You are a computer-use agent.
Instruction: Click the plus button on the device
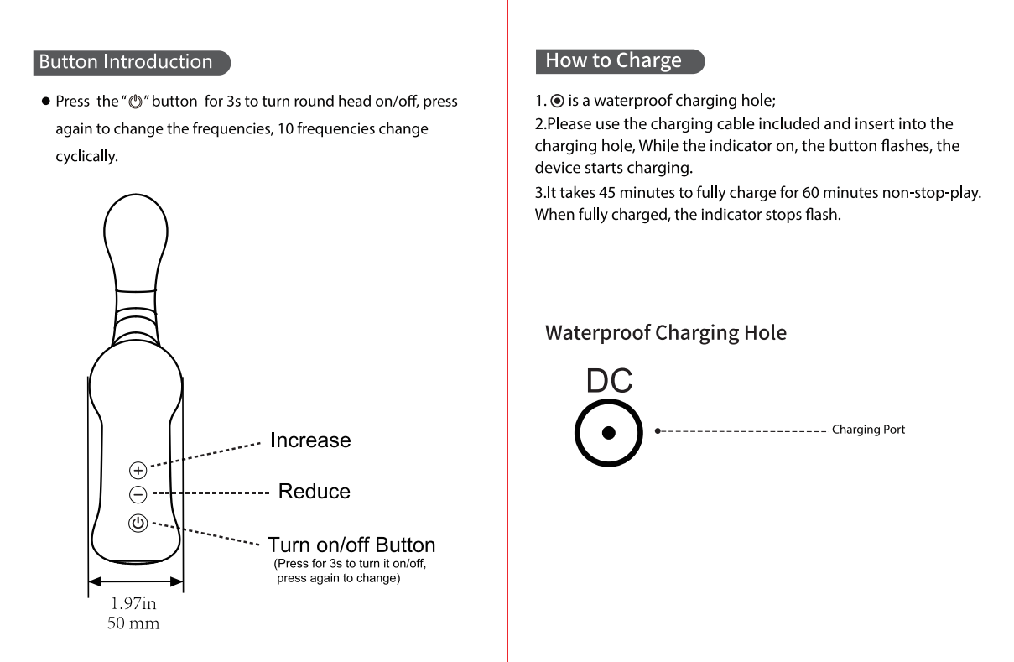[x=138, y=469]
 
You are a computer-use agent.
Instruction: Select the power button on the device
[x=138, y=523]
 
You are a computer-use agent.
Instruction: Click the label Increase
[x=310, y=440]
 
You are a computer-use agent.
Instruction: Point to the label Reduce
[x=314, y=492]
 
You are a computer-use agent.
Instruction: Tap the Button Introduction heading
[x=126, y=62]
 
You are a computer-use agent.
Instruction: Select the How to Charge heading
[x=614, y=60]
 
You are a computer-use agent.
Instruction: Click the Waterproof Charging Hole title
[x=666, y=333]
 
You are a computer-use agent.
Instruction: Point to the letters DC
[x=610, y=382]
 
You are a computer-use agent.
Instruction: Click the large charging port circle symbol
[x=610, y=432]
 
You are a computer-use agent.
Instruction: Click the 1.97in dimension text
[x=134, y=605]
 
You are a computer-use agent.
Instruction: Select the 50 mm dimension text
[x=134, y=623]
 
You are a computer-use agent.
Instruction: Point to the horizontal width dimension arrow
[x=135, y=581]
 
